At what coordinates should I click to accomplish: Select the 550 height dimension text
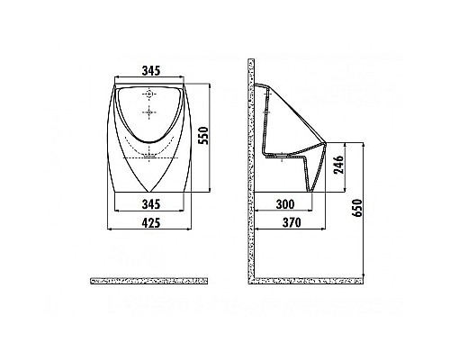click(204, 135)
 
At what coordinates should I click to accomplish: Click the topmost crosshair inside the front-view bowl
click(149, 94)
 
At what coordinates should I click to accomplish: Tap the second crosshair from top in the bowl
click(149, 112)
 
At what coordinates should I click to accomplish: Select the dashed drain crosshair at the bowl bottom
click(149, 155)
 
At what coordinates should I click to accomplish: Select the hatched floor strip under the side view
click(306, 281)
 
